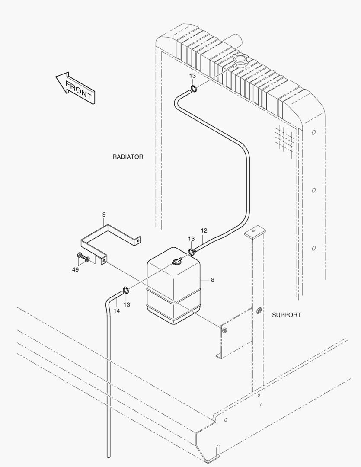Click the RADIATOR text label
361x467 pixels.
(x=128, y=157)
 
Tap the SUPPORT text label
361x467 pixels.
(x=286, y=315)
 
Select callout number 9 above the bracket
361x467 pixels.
(x=104, y=214)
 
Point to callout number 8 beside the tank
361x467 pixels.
(x=213, y=280)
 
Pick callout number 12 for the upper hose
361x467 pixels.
(x=204, y=230)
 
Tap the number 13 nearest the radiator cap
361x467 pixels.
(x=192, y=76)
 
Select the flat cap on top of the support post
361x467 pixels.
(x=254, y=233)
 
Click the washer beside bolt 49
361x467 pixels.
(x=88, y=259)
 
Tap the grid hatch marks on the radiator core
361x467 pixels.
(x=286, y=138)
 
